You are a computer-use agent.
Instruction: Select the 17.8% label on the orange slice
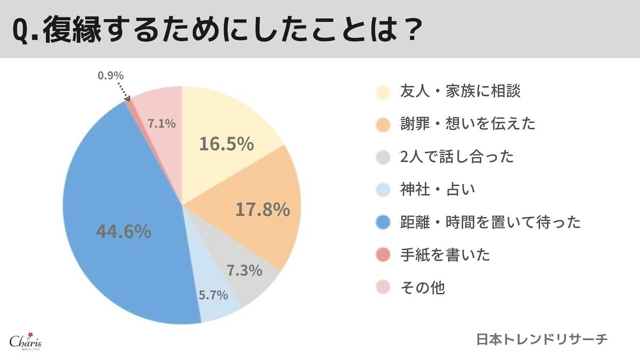click(x=262, y=209)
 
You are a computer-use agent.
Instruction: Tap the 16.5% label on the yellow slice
click(x=226, y=143)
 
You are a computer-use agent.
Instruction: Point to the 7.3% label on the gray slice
click(x=244, y=270)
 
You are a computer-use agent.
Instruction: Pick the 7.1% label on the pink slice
click(x=162, y=124)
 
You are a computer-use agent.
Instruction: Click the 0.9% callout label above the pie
click(x=110, y=76)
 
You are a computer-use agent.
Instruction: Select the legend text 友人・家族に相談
click(x=460, y=91)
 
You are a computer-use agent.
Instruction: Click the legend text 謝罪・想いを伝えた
click(x=467, y=124)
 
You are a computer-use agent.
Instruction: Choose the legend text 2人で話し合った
click(x=457, y=157)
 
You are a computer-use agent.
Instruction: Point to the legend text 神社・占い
click(x=437, y=189)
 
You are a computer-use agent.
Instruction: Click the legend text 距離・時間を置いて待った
click(x=490, y=222)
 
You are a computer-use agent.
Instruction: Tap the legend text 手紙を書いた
click(x=444, y=255)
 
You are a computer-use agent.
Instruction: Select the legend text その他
click(x=422, y=287)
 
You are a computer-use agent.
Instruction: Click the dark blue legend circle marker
click(x=383, y=222)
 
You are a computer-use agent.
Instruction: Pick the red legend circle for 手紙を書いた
click(x=383, y=255)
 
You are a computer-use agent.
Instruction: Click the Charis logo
click(x=26, y=342)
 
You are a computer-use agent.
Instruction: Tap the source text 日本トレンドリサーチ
click(x=542, y=340)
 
